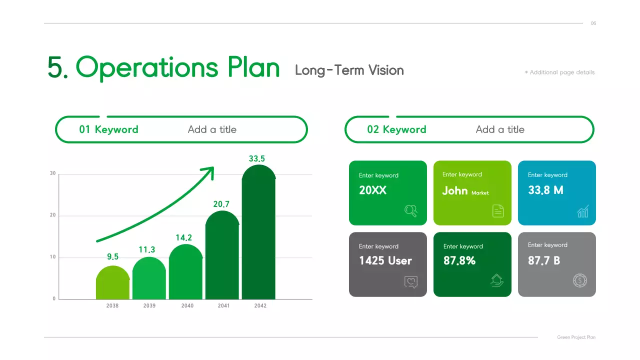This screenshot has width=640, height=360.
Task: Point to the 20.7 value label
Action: click(221, 204)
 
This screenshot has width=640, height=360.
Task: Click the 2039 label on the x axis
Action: click(149, 305)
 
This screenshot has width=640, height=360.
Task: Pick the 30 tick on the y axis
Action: click(52, 173)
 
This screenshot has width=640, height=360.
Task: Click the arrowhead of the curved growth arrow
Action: click(209, 171)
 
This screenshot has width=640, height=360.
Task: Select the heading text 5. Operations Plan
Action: click(163, 67)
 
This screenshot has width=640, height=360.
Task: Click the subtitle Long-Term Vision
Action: click(349, 70)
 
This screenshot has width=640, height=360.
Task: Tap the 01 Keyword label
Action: click(108, 129)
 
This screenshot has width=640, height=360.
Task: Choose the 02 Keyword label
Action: click(396, 129)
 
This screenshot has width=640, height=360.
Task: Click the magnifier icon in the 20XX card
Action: click(410, 211)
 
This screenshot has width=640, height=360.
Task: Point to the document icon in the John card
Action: click(498, 211)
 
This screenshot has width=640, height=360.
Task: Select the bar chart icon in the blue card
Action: click(583, 211)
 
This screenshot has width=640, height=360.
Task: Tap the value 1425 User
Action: click(385, 260)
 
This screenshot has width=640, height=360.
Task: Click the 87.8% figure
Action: click(459, 260)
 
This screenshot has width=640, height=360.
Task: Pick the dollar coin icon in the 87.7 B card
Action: click(580, 280)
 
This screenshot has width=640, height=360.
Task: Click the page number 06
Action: click(593, 23)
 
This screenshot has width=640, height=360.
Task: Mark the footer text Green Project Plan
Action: click(576, 337)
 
